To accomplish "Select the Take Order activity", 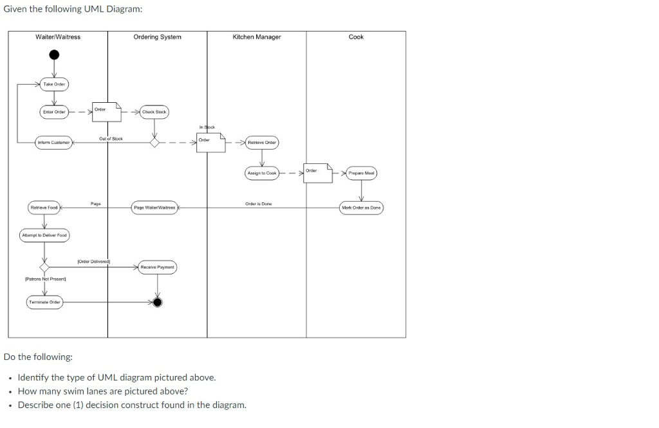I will (55, 84).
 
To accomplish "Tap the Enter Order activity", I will (54, 112).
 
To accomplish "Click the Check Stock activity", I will (154, 112).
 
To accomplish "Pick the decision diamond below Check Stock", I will (154, 142).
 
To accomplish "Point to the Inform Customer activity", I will (54, 142).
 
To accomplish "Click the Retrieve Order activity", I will (261, 143).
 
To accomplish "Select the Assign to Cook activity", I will (261, 173).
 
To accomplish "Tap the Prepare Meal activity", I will (361, 173).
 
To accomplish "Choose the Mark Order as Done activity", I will (361, 208).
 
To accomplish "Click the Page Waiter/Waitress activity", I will (154, 208).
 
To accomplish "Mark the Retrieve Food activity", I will (44, 208).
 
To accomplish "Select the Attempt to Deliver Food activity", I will (44, 235).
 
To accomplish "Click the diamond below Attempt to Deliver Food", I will (44, 267).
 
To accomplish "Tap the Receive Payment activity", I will (157, 267).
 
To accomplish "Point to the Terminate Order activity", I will (44, 303).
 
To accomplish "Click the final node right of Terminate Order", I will (157, 303).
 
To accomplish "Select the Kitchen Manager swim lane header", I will (257, 37).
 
